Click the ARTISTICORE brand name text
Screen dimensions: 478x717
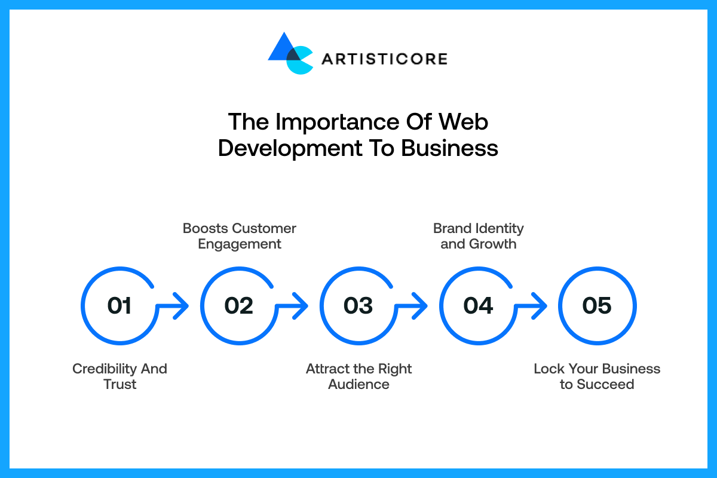coord(384,59)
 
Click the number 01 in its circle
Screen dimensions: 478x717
coord(119,306)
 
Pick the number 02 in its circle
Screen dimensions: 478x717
coord(239,306)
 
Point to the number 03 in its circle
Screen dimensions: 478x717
coord(358,306)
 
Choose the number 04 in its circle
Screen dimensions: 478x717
coord(478,306)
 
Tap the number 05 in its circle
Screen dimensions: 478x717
coord(597,306)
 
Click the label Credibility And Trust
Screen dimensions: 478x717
coord(119,376)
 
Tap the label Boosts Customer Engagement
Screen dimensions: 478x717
coord(239,236)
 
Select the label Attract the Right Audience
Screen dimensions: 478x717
coord(358,376)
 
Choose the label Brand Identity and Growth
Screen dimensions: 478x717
coord(478,236)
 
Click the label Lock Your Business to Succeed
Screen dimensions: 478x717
coord(597,376)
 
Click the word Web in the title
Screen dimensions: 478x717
coord(464,122)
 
